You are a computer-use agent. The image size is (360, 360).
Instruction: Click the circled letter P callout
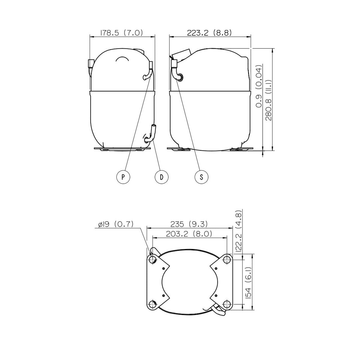(x=123, y=177)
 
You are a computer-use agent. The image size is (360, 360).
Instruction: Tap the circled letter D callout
(x=162, y=177)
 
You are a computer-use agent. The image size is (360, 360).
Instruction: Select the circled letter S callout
(x=202, y=177)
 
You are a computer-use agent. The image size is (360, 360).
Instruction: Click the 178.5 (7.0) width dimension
(x=122, y=33)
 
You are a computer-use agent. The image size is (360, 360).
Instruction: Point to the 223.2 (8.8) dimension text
(x=209, y=33)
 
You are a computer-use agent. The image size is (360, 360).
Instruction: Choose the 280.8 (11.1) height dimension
(x=268, y=100)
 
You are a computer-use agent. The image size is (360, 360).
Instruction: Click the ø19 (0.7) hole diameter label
(x=116, y=224)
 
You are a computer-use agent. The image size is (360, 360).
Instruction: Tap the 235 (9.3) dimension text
(x=189, y=224)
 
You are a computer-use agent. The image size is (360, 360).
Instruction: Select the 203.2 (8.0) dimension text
(x=189, y=234)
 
